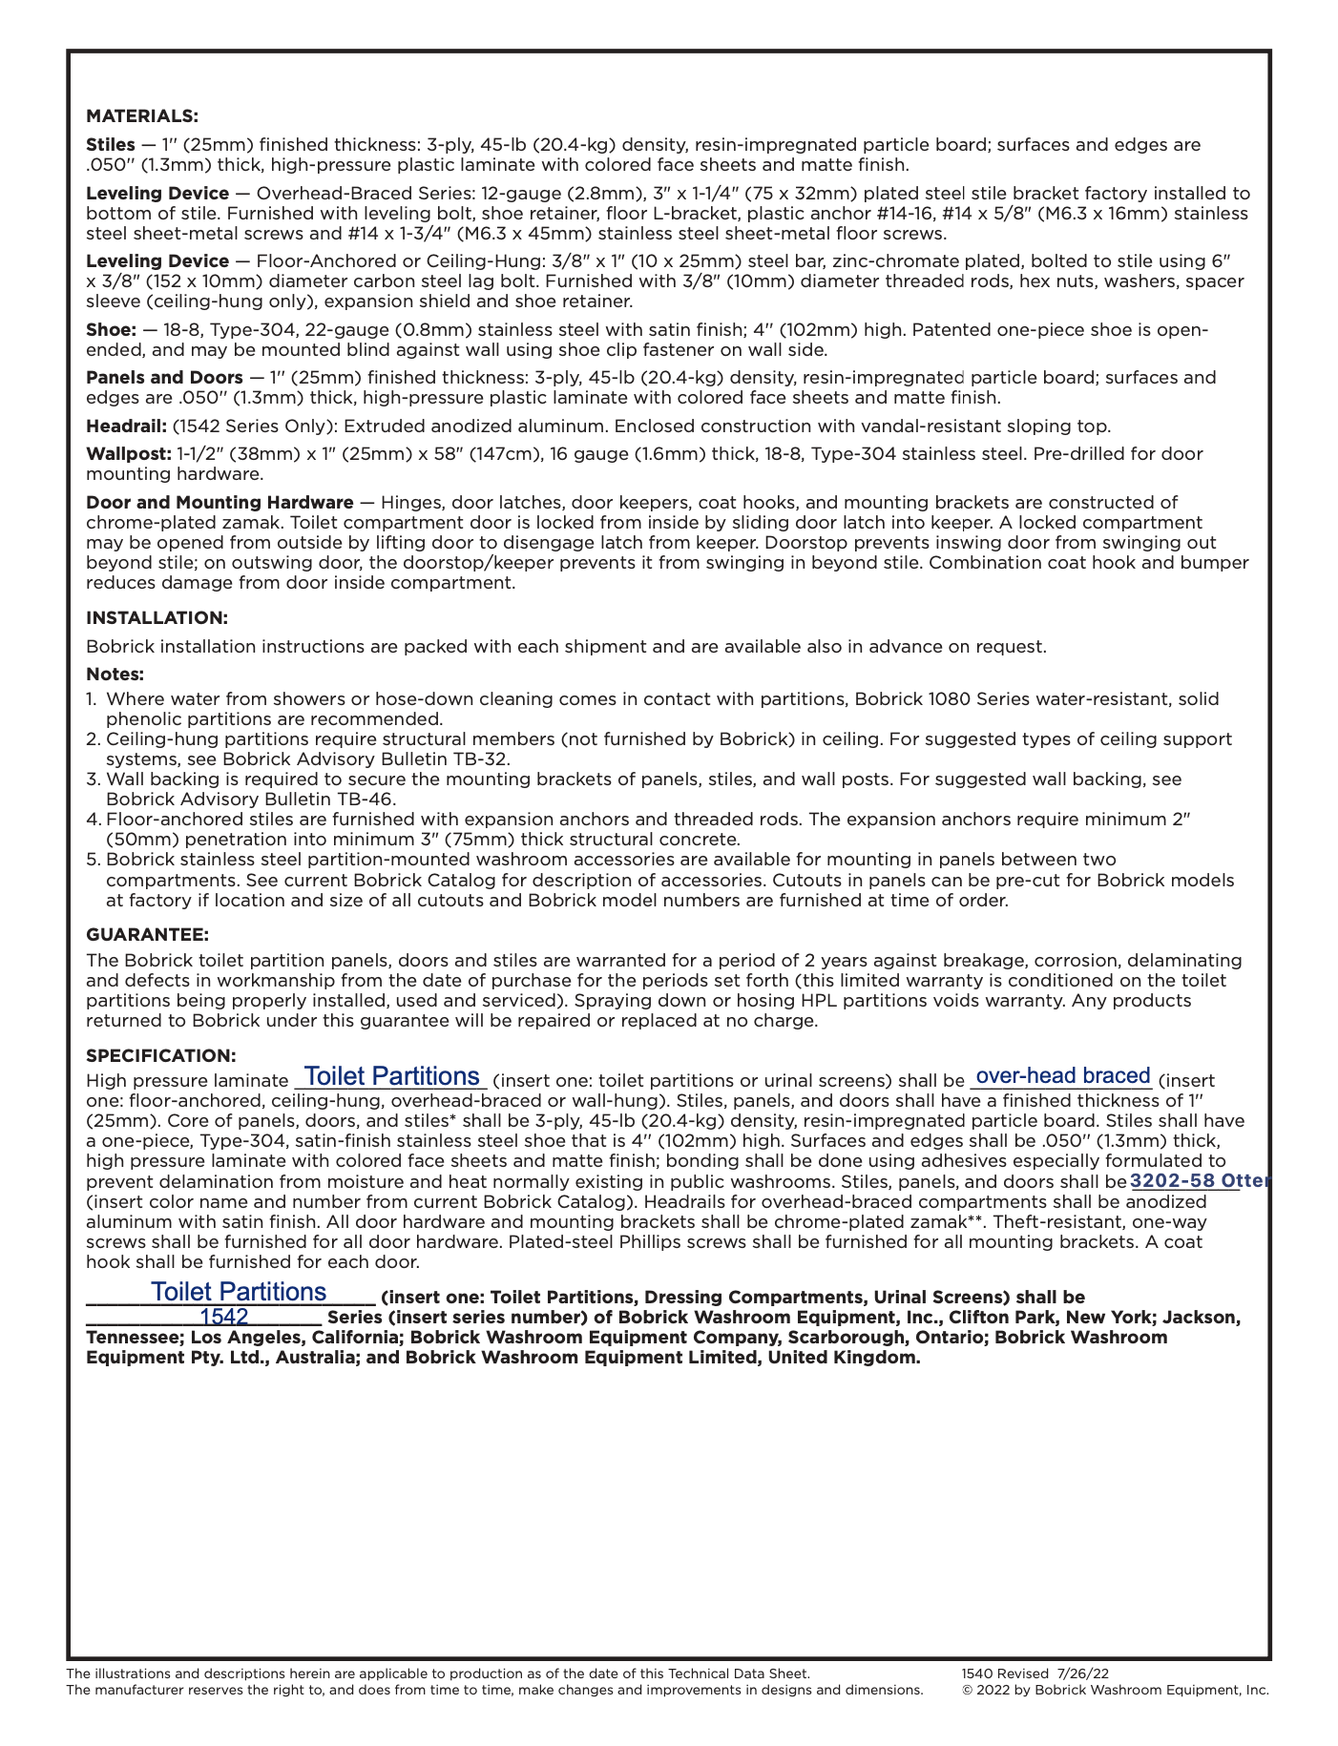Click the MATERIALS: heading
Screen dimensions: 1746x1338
coord(142,116)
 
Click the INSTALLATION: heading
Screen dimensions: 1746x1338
coord(157,618)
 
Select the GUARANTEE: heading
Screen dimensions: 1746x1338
coord(147,934)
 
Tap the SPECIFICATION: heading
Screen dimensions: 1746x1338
coord(160,1056)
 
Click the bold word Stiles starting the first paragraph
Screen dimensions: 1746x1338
coord(110,145)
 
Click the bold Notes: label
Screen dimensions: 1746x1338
coord(115,675)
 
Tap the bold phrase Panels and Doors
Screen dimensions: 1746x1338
coord(164,378)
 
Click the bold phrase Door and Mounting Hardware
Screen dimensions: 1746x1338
coord(220,503)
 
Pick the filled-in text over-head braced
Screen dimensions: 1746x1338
coord(1063,1076)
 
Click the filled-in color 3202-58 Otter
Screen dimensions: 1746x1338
coord(1199,1181)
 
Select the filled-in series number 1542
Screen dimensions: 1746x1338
coord(224,1318)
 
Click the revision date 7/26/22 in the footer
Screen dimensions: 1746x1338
coord(1083,1673)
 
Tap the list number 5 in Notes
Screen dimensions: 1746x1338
coord(93,860)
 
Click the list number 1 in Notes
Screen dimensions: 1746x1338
coord(91,699)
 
